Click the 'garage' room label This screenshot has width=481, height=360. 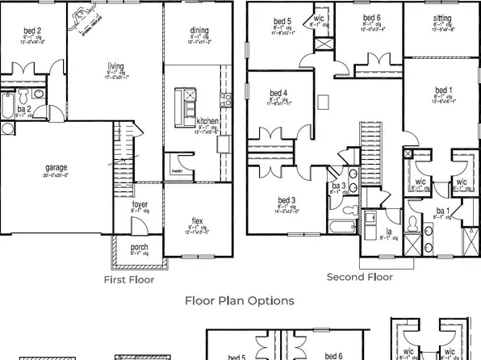[x=56, y=168]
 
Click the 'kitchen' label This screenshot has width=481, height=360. [x=207, y=120]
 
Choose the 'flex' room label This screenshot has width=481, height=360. [x=197, y=220]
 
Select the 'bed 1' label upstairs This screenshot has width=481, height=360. [x=443, y=90]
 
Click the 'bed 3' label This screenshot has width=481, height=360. [x=287, y=199]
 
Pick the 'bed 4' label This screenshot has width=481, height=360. [x=280, y=94]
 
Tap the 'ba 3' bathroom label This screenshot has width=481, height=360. [x=339, y=186]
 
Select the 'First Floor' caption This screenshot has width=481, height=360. [x=129, y=280]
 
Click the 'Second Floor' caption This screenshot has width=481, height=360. [x=359, y=277]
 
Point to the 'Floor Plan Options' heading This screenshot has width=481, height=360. [x=240, y=301]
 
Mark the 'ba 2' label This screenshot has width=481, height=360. [x=24, y=108]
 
